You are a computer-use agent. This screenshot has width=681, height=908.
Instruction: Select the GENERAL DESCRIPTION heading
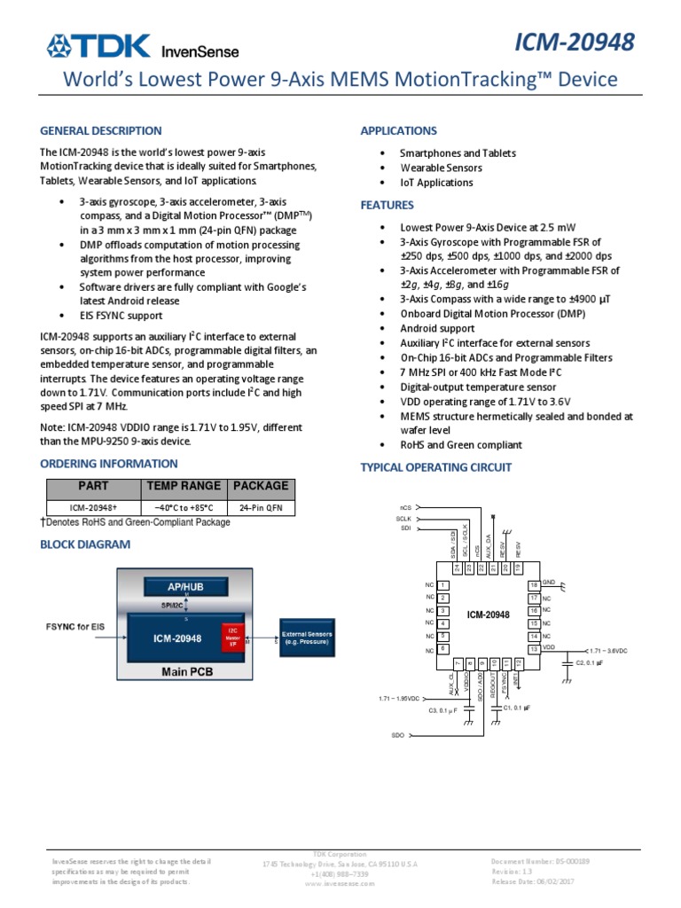(101, 130)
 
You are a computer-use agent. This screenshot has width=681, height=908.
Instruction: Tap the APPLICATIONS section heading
(398, 130)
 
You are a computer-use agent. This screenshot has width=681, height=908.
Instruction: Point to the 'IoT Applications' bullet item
(436, 183)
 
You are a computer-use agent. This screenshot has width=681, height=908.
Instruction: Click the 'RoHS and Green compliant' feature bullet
(460, 445)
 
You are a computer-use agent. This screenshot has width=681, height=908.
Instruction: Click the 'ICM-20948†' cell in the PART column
(93, 507)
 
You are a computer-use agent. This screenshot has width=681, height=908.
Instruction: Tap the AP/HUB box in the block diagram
(186, 587)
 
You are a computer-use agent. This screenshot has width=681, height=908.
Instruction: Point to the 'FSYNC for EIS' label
(75, 627)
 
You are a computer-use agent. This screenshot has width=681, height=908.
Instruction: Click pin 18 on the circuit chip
(534, 585)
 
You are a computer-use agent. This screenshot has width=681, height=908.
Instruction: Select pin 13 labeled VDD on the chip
(534, 650)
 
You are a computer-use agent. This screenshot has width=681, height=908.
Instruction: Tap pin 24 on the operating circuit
(457, 567)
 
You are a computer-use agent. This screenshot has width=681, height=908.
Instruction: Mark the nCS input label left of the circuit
(405, 508)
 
